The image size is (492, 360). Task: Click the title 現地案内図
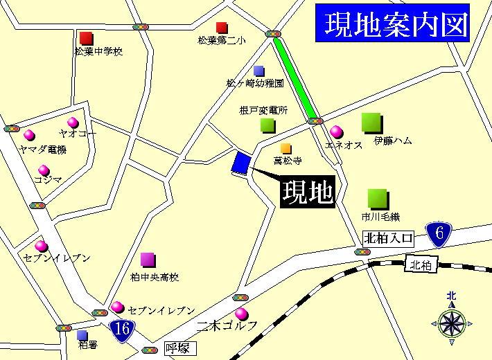(x=392, y=24)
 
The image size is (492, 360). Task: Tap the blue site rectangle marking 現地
(x=240, y=163)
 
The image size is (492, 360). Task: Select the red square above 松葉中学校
(x=87, y=37)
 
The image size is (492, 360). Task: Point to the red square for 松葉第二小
(x=222, y=28)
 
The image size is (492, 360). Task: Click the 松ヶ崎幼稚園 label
(x=255, y=83)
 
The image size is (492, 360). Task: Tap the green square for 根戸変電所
(x=267, y=125)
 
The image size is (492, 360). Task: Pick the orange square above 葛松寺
(x=285, y=148)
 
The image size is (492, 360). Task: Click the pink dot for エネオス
(x=337, y=131)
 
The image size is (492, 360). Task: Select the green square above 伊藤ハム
(x=372, y=123)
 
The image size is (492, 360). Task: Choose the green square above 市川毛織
(x=378, y=199)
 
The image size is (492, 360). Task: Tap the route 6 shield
(x=437, y=234)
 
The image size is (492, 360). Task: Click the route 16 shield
(x=121, y=327)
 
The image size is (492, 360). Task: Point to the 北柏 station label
(x=420, y=264)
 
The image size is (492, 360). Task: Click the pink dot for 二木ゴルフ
(x=241, y=314)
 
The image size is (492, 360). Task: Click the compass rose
(x=451, y=322)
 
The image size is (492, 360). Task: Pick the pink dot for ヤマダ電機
(x=30, y=134)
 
